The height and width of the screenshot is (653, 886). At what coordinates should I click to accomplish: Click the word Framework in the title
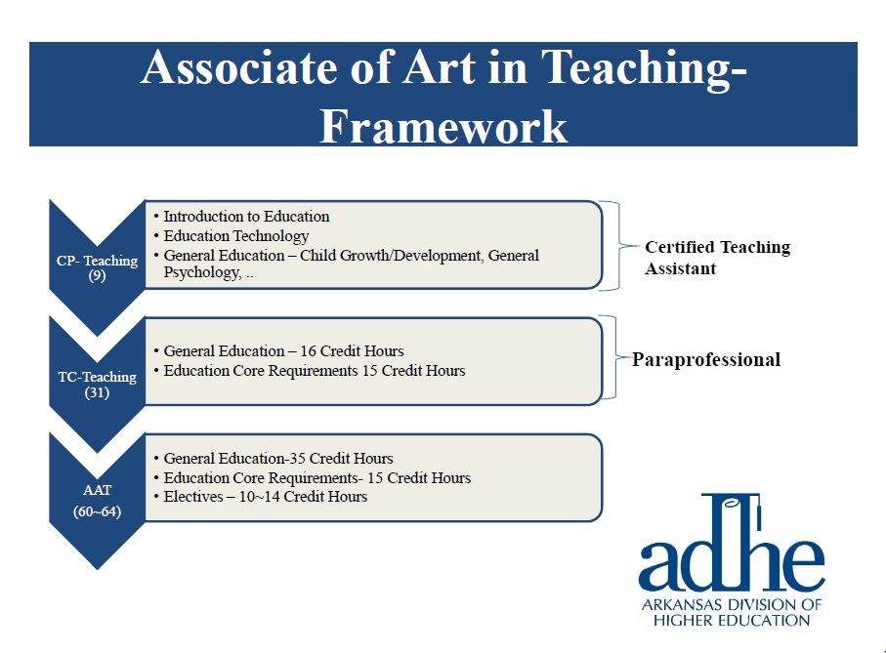[x=443, y=126]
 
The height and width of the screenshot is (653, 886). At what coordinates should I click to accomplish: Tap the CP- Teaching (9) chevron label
[x=97, y=268]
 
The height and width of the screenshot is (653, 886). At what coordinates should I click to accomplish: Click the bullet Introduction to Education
[x=246, y=217]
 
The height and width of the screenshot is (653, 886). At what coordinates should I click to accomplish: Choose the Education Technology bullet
[x=235, y=236]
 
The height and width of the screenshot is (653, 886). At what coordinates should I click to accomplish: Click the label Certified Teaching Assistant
[x=716, y=258]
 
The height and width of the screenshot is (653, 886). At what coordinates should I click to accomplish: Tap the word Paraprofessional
[x=705, y=360]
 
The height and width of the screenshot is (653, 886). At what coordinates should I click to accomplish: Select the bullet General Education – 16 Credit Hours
[x=283, y=351]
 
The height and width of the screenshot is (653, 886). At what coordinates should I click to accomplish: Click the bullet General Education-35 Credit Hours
[x=277, y=459]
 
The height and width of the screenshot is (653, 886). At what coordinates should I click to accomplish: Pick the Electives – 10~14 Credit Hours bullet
[x=265, y=497]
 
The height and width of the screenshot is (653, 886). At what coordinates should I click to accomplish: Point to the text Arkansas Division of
[x=732, y=605]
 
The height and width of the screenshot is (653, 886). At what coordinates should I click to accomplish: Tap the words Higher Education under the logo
[x=732, y=620]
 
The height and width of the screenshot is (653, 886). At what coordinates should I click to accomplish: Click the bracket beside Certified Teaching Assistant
[x=612, y=246]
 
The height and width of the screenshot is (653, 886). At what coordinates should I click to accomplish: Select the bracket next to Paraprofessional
[x=612, y=358]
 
